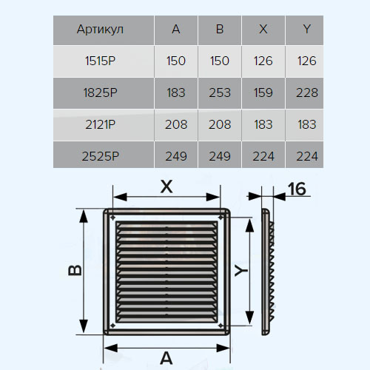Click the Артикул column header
tap(100, 30)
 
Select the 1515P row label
tap(100, 61)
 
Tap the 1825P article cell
tap(100, 92)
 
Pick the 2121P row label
tap(100, 124)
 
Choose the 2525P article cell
tap(100, 156)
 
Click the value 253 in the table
tap(220, 92)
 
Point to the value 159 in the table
tap(263, 92)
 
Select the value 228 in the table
tap(307, 92)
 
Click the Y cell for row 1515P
tap(307, 61)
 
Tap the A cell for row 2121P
tap(176, 124)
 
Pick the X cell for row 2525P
tap(263, 156)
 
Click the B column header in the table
tap(220, 29)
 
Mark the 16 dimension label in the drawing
tap(297, 189)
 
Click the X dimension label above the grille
tap(166, 186)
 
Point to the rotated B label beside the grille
tap(75, 270)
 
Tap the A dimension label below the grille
tap(166, 358)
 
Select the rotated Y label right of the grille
tap(241, 271)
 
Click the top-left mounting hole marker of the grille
tap(112, 218)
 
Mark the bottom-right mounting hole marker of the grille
tap(221, 326)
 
